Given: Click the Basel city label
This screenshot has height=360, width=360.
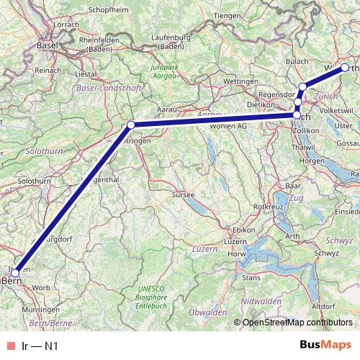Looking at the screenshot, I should [x=48, y=45].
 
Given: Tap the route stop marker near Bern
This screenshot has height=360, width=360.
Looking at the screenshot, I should [x=15, y=272].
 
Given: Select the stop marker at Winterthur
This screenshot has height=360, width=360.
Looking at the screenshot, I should [x=344, y=68].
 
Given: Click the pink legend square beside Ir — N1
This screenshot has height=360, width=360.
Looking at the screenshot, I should [x=10, y=346].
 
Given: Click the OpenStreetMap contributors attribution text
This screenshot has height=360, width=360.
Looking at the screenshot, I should [x=297, y=323].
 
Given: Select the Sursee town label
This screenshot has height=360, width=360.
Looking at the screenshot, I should [x=176, y=194].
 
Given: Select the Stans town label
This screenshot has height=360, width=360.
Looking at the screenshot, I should [x=251, y=276].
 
